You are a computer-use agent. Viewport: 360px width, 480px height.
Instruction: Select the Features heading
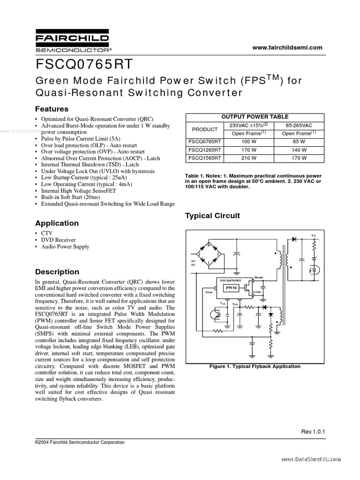pyautogui.click(x=52, y=109)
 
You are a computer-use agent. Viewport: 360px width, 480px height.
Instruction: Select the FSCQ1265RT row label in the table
pyautogui.click(x=204, y=150)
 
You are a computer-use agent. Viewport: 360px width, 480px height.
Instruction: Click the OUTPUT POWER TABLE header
pyautogui.click(x=255, y=117)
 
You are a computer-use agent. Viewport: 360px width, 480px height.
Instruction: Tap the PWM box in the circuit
pyautogui.click(x=231, y=287)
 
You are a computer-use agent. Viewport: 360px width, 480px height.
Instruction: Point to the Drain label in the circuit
pyautogui.click(x=259, y=277)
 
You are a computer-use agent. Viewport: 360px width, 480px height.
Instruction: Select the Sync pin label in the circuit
pyautogui.click(x=209, y=292)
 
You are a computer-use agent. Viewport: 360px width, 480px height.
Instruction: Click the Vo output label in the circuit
pyautogui.click(x=314, y=234)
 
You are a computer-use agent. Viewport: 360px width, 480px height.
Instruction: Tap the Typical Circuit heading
pyautogui.click(x=212, y=216)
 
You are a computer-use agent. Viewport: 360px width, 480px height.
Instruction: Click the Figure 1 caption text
pyautogui.click(x=255, y=366)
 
